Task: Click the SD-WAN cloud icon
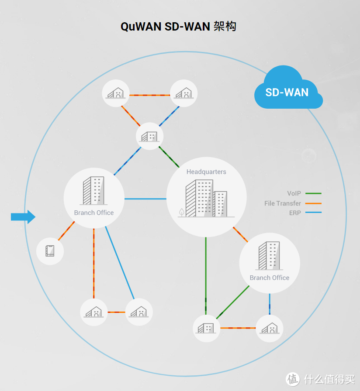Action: [x=288, y=89]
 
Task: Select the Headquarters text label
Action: [x=206, y=172]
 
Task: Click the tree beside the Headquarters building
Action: [x=181, y=213]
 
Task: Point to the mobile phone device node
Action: [x=50, y=251]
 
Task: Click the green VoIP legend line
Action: [x=313, y=193]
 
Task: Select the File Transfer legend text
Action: [x=282, y=203]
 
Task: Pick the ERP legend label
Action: [x=295, y=213]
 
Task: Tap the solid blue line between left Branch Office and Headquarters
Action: [x=145, y=199]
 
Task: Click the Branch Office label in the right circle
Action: [x=270, y=278]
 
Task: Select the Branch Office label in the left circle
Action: [x=94, y=213]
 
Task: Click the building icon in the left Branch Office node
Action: [x=93, y=191]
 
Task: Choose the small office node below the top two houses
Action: [x=149, y=136]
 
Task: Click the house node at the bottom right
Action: [x=270, y=328]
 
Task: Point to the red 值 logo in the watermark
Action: [x=293, y=378]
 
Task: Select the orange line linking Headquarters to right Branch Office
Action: [x=240, y=235]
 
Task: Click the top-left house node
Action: [x=116, y=93]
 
